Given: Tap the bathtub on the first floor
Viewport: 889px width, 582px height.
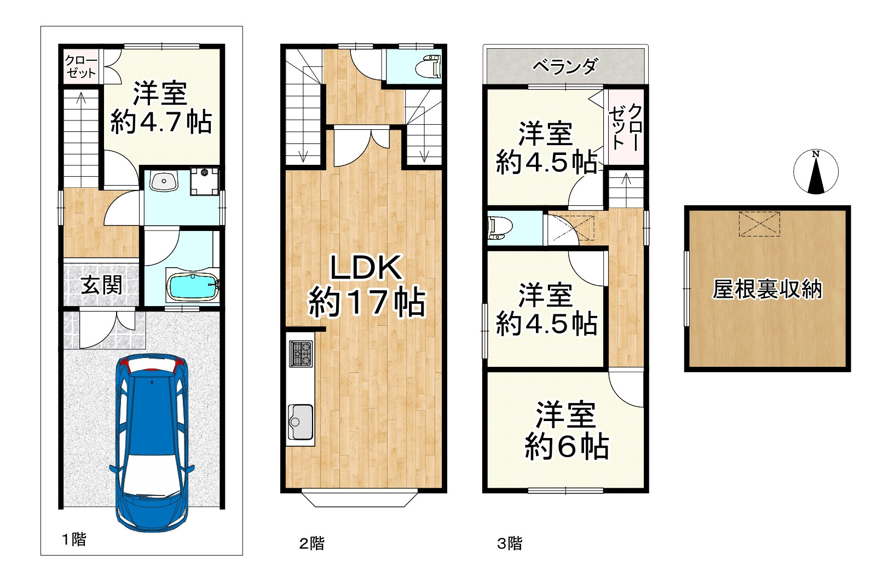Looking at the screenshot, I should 193,287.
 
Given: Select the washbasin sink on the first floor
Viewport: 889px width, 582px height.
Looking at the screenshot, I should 164,182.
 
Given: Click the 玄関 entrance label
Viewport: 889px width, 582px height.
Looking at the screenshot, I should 101,285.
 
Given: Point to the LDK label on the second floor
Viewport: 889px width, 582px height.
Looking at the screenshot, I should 366,269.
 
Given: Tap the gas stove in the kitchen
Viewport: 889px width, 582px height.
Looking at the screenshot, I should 301,354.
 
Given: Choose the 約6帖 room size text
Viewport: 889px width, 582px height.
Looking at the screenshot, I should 566,446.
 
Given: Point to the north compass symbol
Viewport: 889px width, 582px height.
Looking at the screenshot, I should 816,172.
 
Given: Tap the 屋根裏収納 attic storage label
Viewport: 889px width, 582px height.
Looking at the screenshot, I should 767,289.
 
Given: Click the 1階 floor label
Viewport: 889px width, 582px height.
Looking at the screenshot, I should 74,540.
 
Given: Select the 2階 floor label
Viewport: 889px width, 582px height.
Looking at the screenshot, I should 311,543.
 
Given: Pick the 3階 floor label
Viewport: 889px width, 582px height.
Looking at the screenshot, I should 509,543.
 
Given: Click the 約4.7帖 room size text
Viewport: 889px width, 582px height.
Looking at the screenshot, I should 161,122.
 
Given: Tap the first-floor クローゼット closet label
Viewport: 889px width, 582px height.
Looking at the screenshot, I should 80,66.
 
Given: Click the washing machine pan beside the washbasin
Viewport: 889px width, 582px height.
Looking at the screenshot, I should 204,181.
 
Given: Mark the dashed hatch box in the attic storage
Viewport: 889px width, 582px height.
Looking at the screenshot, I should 759,223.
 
